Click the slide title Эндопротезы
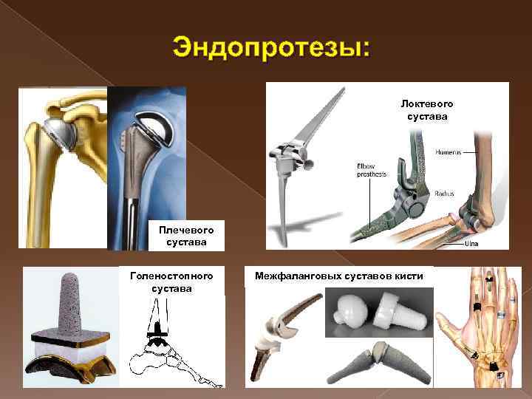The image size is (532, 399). point(272,49)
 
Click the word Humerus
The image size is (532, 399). point(447,152)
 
